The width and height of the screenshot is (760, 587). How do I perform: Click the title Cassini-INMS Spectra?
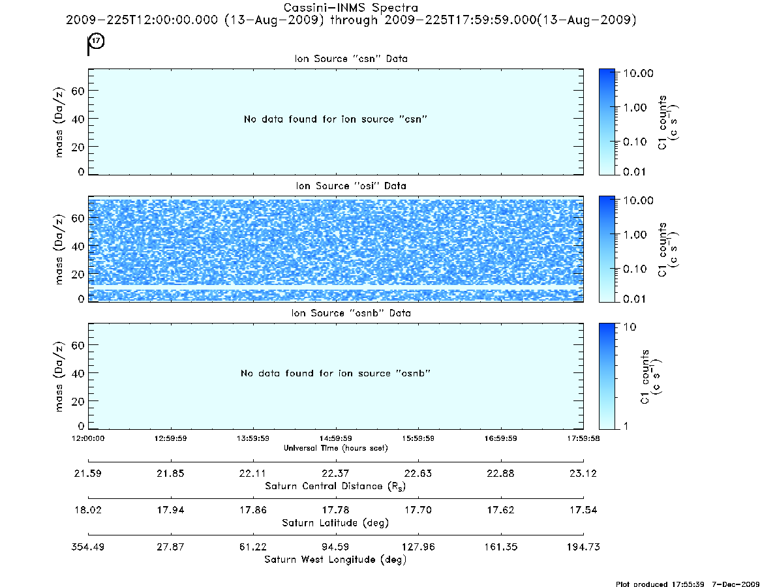(350, 8)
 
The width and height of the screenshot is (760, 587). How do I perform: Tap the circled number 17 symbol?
(97, 40)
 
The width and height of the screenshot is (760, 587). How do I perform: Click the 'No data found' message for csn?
(335, 119)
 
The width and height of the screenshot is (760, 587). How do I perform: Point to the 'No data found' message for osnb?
(335, 373)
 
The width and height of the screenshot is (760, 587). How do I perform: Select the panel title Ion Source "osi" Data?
(351, 186)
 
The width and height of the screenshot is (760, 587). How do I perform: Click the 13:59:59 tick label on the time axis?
(253, 438)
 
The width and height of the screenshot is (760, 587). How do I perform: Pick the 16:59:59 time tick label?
(501, 438)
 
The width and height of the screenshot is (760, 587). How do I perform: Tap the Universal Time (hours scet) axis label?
(335, 448)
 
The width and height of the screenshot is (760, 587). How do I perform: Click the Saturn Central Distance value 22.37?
(335, 473)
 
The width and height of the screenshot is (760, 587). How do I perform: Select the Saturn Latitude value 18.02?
(87, 510)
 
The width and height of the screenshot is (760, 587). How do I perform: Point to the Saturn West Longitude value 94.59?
(335, 547)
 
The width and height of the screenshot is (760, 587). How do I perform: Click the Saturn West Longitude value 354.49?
(87, 547)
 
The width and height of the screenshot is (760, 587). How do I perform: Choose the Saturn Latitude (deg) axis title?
(335, 522)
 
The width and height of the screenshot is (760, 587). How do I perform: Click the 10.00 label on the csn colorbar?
(639, 73)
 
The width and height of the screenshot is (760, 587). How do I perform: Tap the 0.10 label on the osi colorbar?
(635, 269)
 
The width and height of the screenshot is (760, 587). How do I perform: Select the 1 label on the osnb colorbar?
(626, 426)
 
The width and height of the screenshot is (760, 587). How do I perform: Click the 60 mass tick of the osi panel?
(78, 218)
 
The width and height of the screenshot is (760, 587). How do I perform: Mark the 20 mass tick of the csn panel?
(78, 147)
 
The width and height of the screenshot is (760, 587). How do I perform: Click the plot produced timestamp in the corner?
(688, 584)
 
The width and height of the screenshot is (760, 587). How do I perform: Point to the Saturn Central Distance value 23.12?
(583, 473)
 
